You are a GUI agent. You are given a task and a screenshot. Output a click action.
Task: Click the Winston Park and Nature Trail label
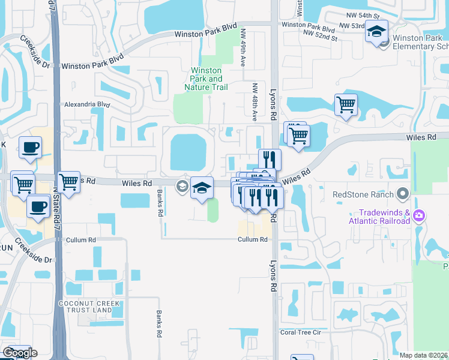(206, 79)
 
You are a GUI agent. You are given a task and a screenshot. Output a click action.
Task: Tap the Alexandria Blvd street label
(87, 104)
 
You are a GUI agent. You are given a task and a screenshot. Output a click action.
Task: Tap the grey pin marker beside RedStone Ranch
(403, 194)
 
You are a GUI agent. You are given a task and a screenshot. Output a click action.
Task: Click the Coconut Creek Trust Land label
(89, 308)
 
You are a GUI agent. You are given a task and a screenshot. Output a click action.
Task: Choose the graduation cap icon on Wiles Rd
(202, 188)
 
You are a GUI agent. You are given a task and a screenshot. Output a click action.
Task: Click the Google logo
(19, 353)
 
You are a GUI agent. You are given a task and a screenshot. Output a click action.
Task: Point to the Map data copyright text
(423, 355)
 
